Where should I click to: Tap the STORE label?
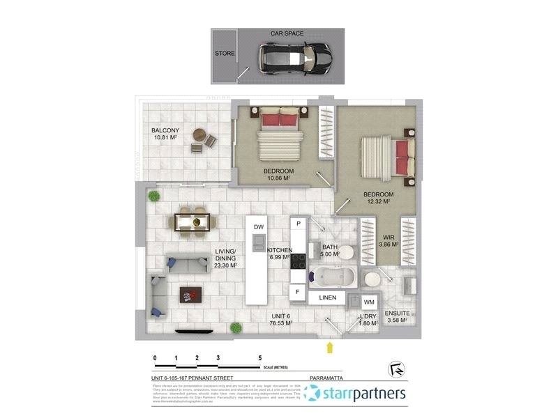225,54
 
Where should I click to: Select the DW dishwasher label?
258,228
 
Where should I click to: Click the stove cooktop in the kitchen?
299,261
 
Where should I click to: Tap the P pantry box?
299,224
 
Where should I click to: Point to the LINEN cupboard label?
328,298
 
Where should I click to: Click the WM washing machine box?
369,302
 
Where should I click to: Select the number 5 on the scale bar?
260,357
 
